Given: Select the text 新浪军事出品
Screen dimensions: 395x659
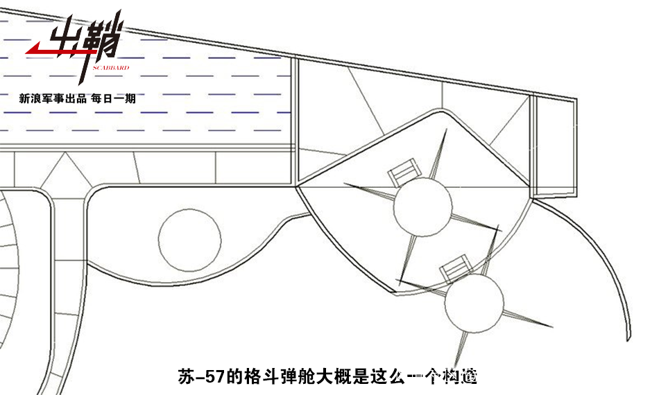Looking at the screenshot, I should coord(53,99).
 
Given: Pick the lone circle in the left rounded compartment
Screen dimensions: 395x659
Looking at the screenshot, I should coord(190,240).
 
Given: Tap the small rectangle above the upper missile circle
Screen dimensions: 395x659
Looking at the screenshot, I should coord(404,170).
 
